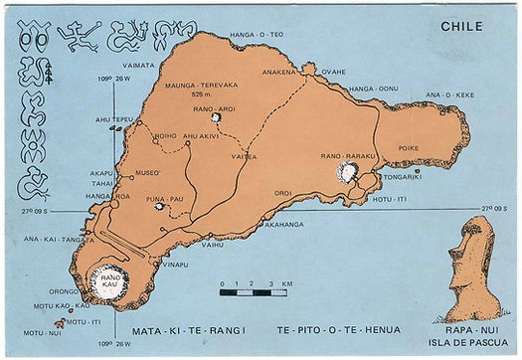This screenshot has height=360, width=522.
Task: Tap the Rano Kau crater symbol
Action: point(106,281)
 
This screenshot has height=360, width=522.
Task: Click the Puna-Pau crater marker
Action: point(157,207)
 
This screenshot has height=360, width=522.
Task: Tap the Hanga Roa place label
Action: point(107,197)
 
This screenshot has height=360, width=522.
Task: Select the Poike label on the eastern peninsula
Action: point(409,147)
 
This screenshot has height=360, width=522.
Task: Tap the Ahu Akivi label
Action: point(202,136)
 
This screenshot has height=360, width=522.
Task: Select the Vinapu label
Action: point(175,265)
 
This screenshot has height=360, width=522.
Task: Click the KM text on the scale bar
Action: point(286,284)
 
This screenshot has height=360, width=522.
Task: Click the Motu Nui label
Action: point(37,333)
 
